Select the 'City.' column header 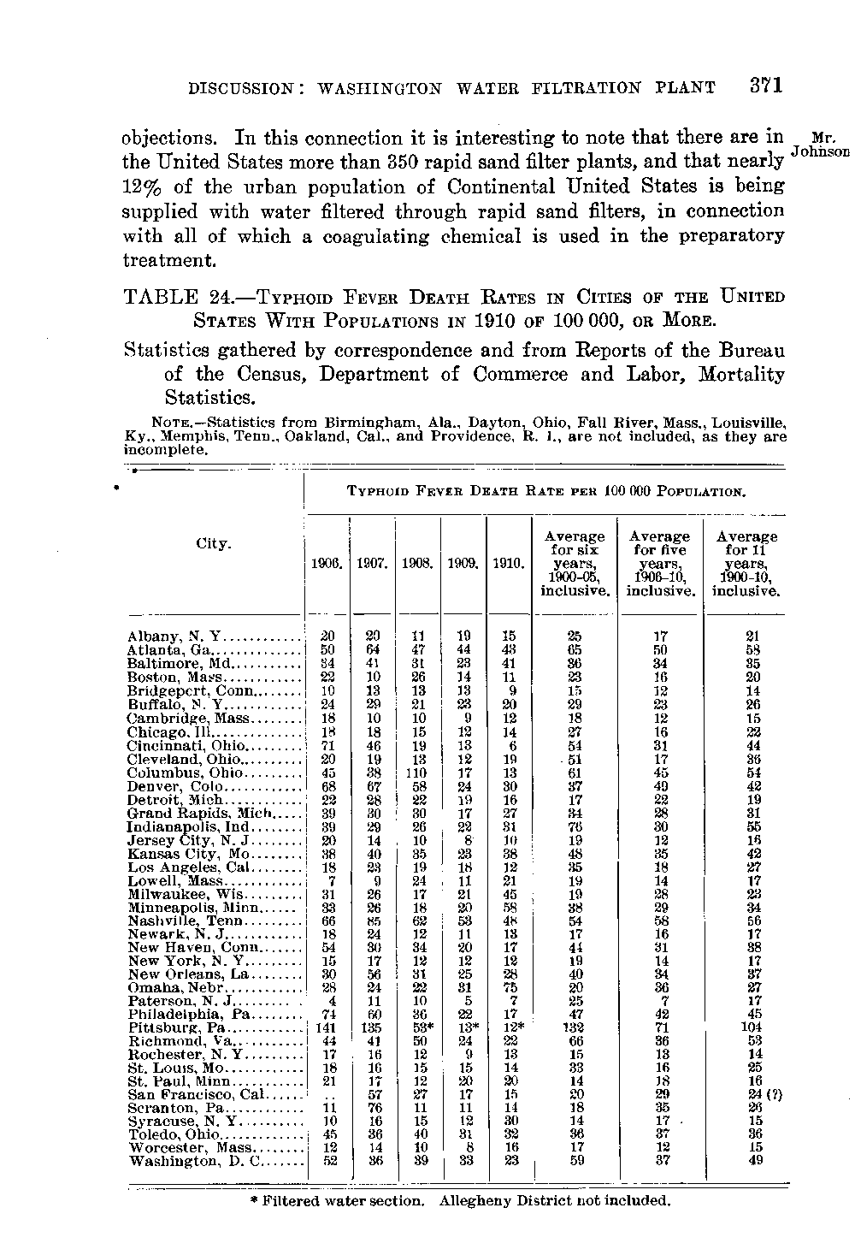(x=212, y=544)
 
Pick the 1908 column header (x=418, y=565)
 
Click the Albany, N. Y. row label (x=174, y=636)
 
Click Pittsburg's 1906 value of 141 (x=326, y=1027)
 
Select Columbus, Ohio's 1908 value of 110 (x=417, y=773)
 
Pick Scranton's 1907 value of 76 (x=373, y=1108)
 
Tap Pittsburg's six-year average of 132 (x=575, y=1027)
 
